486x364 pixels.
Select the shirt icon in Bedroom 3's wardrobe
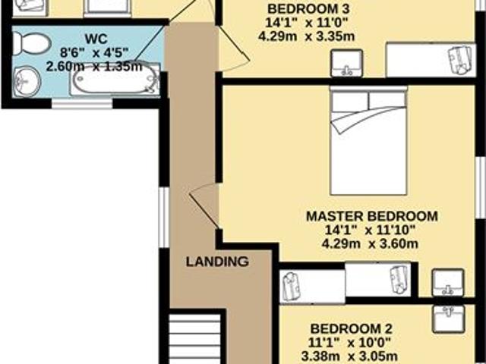(459, 59)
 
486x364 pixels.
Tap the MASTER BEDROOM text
(371, 215)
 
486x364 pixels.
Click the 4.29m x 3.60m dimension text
(371, 244)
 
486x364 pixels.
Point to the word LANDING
(218, 262)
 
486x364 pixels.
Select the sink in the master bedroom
(447, 283)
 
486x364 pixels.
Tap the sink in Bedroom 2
(453, 318)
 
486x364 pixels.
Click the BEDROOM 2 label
(350, 329)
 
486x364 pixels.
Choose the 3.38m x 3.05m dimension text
(350, 356)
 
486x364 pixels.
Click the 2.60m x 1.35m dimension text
(94, 67)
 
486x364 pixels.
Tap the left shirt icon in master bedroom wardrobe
(294, 286)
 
